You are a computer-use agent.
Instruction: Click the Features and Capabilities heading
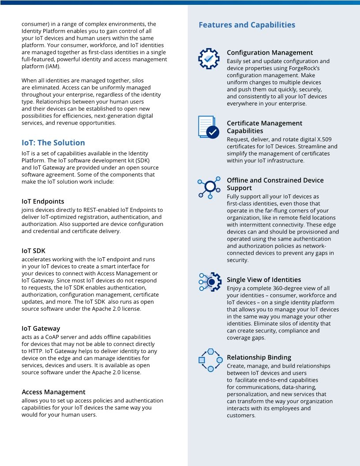pos(247,25)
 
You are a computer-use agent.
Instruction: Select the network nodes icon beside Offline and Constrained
pos(209,187)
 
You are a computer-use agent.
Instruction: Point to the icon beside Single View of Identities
pos(210,282)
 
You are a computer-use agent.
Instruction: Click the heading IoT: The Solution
pos(53,143)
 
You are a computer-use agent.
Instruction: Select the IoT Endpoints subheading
pos(43,201)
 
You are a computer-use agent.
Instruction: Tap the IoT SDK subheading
pos(34,251)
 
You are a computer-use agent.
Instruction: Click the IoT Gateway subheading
pos(41,328)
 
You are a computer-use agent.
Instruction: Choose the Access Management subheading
pos(53,392)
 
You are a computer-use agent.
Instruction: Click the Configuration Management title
pos(270,53)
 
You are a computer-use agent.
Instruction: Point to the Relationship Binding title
pos(259,357)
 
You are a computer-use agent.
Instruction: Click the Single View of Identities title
pos(264,280)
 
